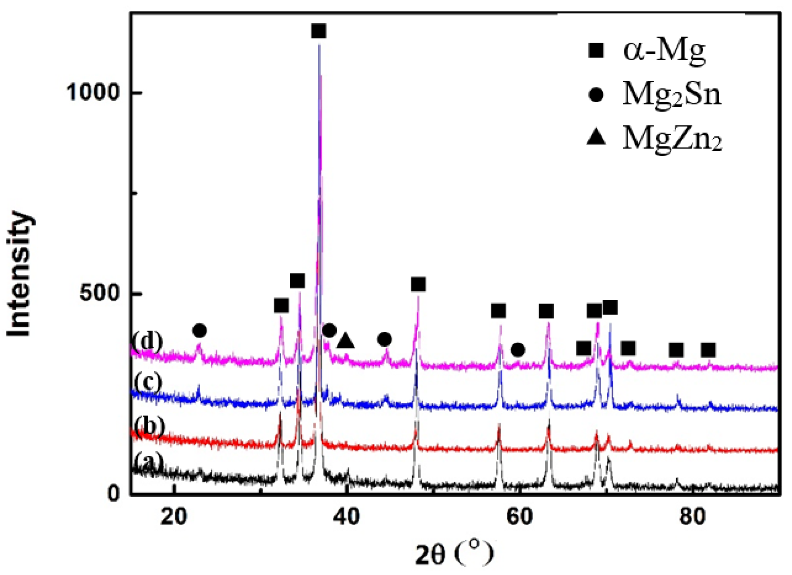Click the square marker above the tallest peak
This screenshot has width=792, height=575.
(x=318, y=31)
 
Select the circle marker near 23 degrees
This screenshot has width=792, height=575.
(x=200, y=331)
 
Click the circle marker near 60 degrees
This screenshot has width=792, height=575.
(x=518, y=350)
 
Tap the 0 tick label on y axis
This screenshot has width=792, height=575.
(x=114, y=493)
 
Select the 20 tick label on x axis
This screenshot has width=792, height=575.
(x=174, y=516)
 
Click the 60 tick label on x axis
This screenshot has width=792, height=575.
(x=519, y=516)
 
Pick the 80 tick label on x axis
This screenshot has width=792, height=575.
(x=692, y=516)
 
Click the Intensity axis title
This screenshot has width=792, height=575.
(x=19, y=274)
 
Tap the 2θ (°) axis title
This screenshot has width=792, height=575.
(x=454, y=554)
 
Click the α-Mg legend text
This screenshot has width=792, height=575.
(x=664, y=51)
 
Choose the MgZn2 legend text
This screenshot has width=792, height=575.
(x=672, y=138)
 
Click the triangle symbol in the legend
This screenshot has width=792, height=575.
(x=596, y=138)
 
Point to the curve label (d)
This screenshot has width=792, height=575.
(x=148, y=341)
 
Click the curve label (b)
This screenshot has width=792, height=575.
(x=149, y=426)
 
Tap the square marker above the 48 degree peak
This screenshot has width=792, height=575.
(x=418, y=284)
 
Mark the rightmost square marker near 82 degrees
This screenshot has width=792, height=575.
(x=708, y=350)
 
